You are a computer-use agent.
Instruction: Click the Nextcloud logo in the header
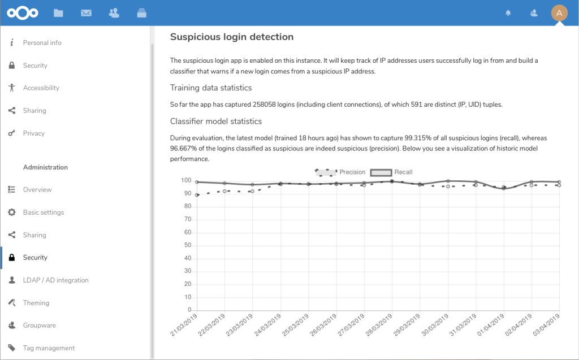click(x=23, y=13)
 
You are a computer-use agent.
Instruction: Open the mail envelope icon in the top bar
click(x=86, y=13)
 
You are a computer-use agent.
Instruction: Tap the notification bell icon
click(x=508, y=13)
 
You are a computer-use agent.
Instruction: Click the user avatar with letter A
click(x=559, y=13)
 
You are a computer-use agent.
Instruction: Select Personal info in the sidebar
click(x=42, y=43)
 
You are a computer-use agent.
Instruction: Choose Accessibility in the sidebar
click(x=41, y=88)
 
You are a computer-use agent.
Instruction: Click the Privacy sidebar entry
click(x=33, y=133)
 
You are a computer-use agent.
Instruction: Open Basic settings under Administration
click(x=43, y=212)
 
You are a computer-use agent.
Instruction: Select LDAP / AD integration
click(x=55, y=280)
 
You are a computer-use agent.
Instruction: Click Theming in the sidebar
click(x=36, y=303)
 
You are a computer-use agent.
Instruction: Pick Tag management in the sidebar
click(x=49, y=348)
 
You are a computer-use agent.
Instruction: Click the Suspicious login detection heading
click(x=232, y=37)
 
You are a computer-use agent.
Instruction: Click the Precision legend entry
click(x=340, y=172)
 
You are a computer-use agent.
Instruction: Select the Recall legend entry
click(x=391, y=172)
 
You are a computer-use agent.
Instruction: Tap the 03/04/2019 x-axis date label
click(x=547, y=326)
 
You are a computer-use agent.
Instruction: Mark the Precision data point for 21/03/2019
click(x=197, y=195)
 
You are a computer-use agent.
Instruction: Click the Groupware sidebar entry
click(x=39, y=326)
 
